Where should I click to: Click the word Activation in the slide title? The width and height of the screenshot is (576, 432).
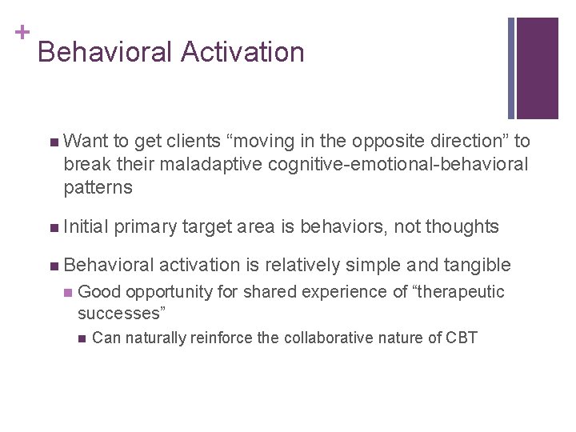tap(242, 52)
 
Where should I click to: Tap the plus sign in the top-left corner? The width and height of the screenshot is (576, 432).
tap(22, 32)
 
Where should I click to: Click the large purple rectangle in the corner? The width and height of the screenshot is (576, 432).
tap(537, 68)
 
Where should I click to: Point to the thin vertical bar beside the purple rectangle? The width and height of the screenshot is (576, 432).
tap(511, 68)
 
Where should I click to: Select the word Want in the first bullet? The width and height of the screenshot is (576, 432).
tap(86, 142)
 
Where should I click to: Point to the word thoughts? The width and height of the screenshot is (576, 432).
tap(462, 227)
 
